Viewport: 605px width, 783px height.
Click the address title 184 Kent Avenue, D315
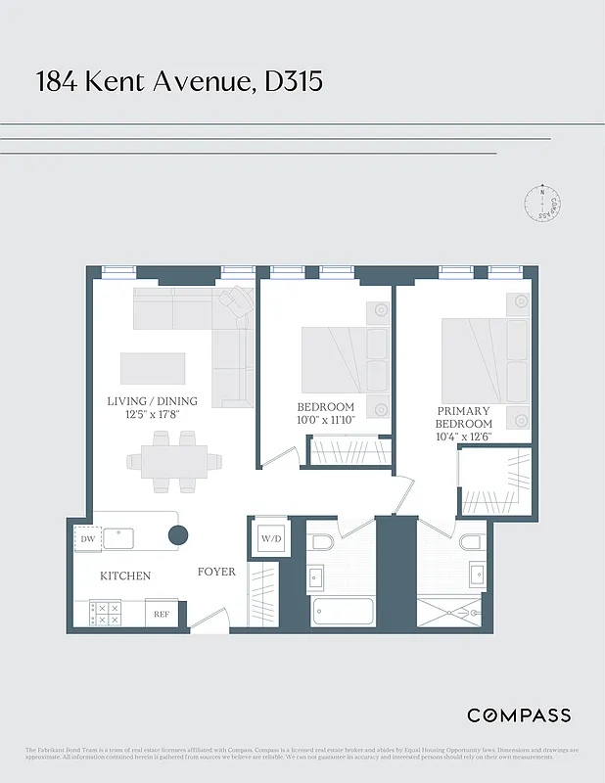tap(179, 81)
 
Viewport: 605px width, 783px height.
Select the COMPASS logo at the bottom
tap(519, 715)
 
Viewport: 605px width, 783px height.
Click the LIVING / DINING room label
tap(152, 401)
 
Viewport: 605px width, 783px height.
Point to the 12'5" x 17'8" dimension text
tap(152, 415)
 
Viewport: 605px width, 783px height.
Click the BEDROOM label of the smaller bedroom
tap(325, 407)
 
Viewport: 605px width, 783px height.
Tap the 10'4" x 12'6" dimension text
tap(464, 438)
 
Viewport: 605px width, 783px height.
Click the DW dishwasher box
tap(87, 538)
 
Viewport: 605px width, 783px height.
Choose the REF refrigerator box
tap(162, 615)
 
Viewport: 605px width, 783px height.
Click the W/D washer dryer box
tap(270, 539)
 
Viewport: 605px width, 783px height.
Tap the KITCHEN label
tap(125, 576)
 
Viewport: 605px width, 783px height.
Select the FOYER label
tap(216, 572)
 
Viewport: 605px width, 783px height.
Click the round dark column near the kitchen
tap(178, 534)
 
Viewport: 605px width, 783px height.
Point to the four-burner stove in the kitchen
tap(106, 614)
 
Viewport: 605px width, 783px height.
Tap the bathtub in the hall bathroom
tap(343, 612)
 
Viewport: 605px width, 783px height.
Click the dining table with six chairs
tap(173, 461)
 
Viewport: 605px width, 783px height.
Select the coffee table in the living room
tap(153, 368)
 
